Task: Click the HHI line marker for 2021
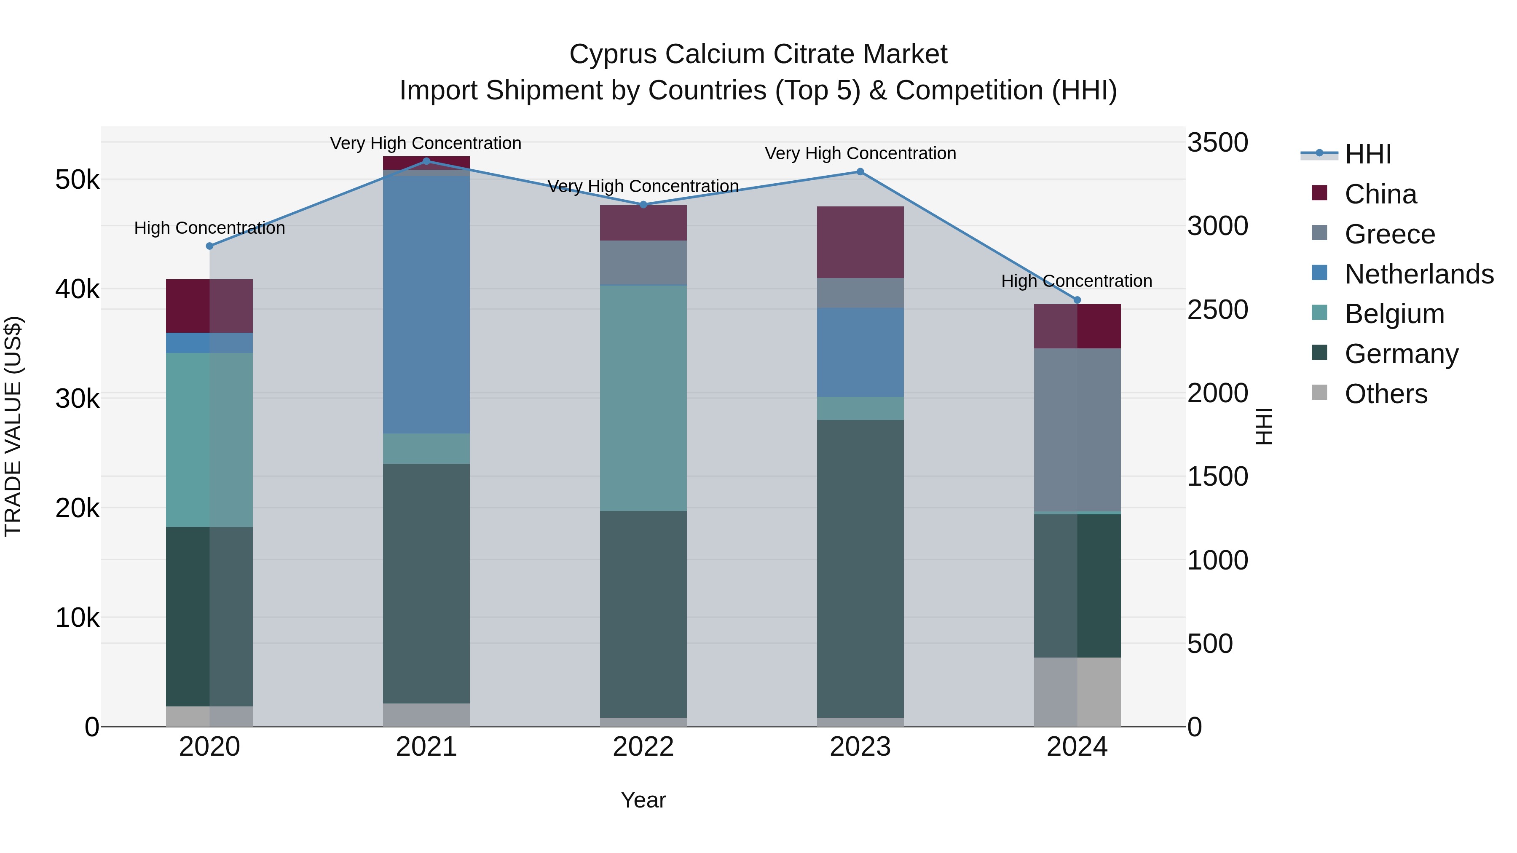click(426, 161)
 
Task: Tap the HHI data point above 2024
click(1077, 299)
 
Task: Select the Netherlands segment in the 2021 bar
click(426, 303)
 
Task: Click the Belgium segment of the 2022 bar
click(643, 398)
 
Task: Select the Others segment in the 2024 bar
click(1077, 692)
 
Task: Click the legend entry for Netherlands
click(1419, 274)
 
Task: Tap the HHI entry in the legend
click(1367, 154)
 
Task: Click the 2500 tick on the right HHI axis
click(1217, 310)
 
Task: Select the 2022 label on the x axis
click(643, 747)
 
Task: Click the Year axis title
click(643, 800)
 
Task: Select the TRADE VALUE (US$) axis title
click(13, 426)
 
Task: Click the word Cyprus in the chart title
click(612, 54)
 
